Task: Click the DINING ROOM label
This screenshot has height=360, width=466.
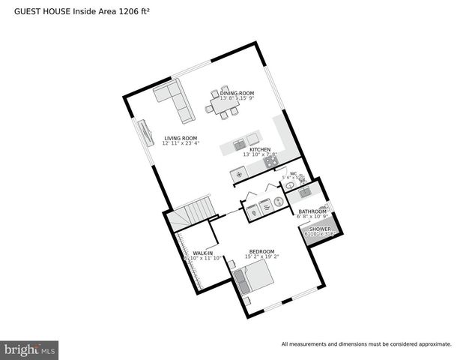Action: [x=237, y=93]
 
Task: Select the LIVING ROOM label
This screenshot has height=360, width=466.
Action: [x=181, y=138]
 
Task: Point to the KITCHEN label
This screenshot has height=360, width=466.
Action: [x=260, y=149]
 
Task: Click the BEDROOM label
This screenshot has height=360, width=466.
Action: [x=261, y=251]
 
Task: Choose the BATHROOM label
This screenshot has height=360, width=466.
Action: [x=312, y=211]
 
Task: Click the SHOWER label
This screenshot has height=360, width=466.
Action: [x=320, y=229]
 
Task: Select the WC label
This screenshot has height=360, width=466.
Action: [x=293, y=173]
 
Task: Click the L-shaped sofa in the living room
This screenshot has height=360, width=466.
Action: [x=175, y=101]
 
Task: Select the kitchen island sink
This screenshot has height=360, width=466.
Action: [x=239, y=144]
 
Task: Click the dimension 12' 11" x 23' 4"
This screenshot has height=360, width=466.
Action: [x=181, y=144]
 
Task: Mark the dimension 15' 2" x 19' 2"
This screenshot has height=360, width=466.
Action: [x=261, y=257]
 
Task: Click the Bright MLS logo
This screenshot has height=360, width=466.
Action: [x=30, y=349]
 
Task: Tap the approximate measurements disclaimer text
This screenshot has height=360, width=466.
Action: [x=366, y=344]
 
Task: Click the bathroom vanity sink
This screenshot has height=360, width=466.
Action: [x=305, y=193]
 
